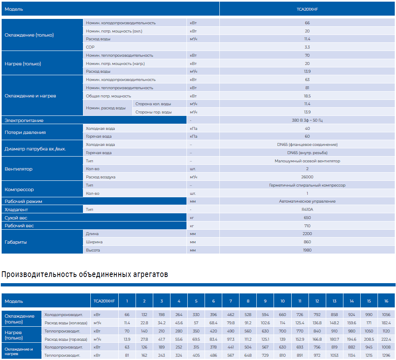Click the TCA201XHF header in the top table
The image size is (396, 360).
pyautogui.click(x=307, y=9)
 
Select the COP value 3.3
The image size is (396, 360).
pyautogui.click(x=307, y=47)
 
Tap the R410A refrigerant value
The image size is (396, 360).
pyautogui.click(x=307, y=210)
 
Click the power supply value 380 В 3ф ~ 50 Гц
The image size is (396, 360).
pyautogui.click(x=307, y=120)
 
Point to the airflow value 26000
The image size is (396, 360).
pyautogui.click(x=307, y=177)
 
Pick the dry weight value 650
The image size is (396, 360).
pyautogui.click(x=307, y=218)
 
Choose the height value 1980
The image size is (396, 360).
pyautogui.click(x=307, y=250)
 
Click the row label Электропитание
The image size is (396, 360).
pyautogui.click(x=24, y=120)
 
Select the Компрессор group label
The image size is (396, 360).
pyautogui.click(x=19, y=189)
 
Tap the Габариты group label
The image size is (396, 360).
pyautogui.click(x=16, y=242)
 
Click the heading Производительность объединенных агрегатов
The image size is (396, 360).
pyautogui.click(x=85, y=275)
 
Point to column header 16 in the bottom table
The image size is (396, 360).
pyautogui.click(x=386, y=301)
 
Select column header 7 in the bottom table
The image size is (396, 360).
pyautogui.click(x=230, y=301)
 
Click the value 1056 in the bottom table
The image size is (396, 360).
pyautogui.click(x=386, y=315)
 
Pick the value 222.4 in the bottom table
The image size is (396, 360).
pyautogui.click(x=386, y=339)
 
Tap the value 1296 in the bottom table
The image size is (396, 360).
pyautogui.click(x=386, y=355)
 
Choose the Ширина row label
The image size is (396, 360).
pyautogui.click(x=94, y=242)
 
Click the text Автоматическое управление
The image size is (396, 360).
pyautogui.click(x=307, y=201)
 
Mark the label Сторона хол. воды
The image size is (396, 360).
pyautogui.click(x=153, y=104)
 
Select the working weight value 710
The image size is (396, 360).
pyautogui.click(x=307, y=226)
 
